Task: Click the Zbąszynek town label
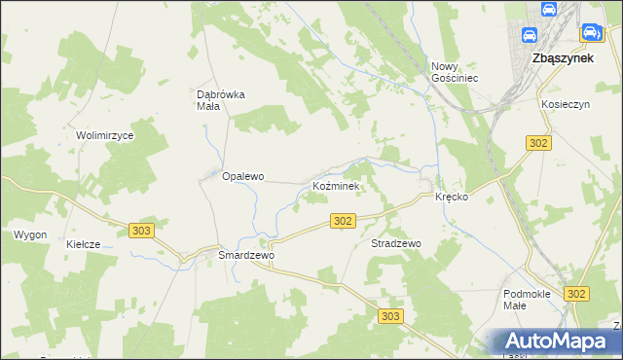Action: pos(565,57)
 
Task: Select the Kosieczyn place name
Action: pos(568,102)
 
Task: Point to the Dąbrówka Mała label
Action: pos(221,100)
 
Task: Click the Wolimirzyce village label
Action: pos(104,135)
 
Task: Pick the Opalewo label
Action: pos(243,177)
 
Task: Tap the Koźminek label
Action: pos(336,185)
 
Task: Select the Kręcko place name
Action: pos(452,197)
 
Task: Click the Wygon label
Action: pos(29,234)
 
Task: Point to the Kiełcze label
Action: pos(83,244)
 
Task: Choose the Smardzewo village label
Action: pos(247,255)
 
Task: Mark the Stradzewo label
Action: pos(395,243)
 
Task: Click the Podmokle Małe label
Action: pos(529,299)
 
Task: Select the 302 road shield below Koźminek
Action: pos(342,222)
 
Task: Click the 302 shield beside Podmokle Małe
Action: pos(577,293)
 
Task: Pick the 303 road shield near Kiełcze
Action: pos(141,230)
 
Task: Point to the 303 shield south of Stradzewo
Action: pos(391,316)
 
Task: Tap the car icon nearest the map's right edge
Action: pos(590,33)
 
